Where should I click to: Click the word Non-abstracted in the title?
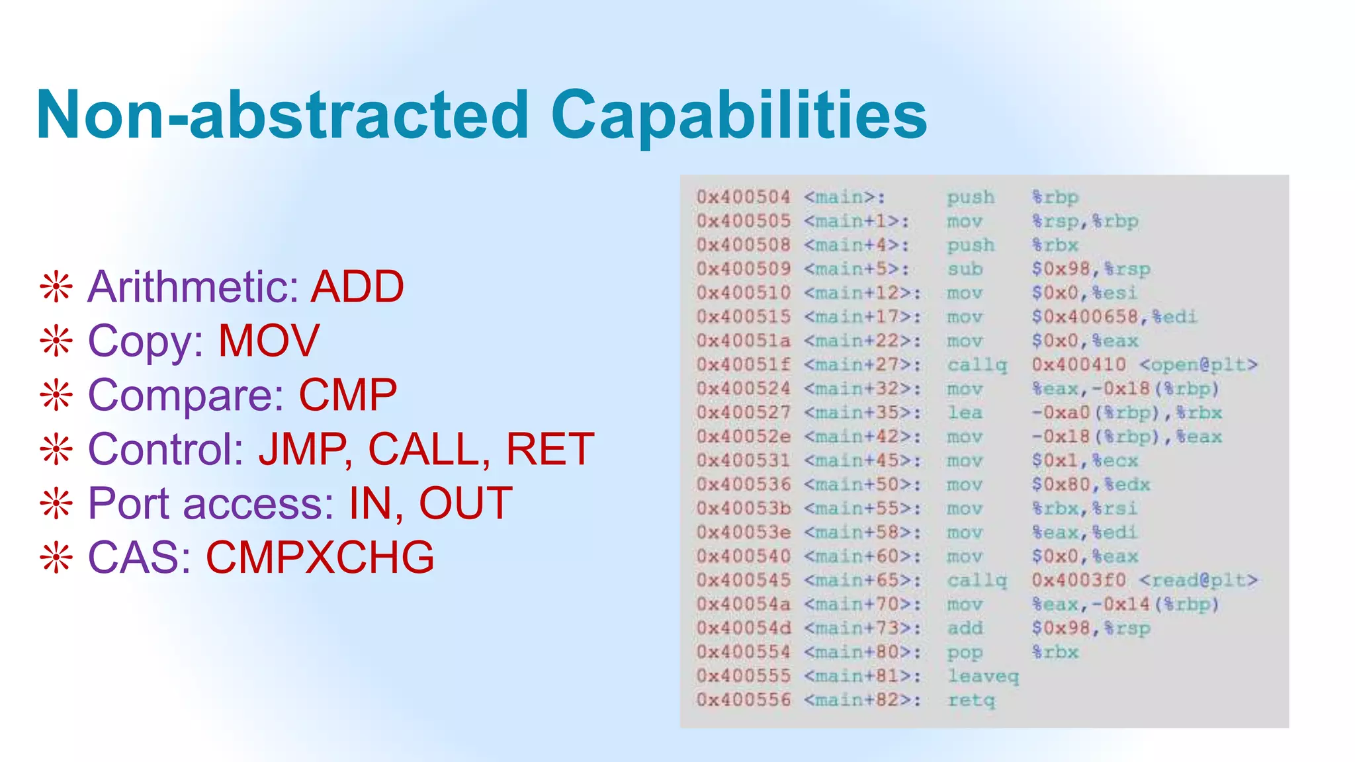pos(283,116)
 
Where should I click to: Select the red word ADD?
pos(357,287)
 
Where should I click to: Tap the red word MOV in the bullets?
pos(269,341)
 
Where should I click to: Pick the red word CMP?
pos(347,396)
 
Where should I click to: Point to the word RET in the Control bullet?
pos(549,450)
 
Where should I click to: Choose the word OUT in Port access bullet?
pos(465,504)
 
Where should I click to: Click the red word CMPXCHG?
pos(320,558)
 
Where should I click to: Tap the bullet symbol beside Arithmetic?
pos(56,288)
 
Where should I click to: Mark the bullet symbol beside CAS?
pos(56,558)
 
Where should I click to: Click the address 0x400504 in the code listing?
pos(743,197)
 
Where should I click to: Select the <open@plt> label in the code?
pos(1198,364)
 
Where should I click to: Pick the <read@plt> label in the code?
pos(1198,580)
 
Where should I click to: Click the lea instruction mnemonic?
pos(965,413)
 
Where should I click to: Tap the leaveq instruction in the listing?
pos(983,676)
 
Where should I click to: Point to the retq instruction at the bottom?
pos(971,700)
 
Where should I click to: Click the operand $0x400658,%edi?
pos(1114,317)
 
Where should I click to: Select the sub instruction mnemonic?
pos(965,269)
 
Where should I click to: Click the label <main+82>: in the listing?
pos(862,700)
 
